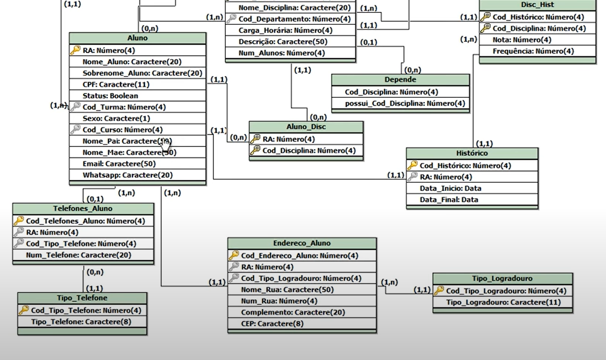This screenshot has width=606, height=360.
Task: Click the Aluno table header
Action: click(x=137, y=38)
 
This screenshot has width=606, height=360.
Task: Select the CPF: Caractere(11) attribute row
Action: click(x=116, y=84)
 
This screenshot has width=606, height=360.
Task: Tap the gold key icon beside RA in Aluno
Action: click(x=75, y=50)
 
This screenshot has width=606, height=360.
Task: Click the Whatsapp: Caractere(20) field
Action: click(x=128, y=175)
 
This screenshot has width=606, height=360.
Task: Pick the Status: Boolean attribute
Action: click(x=110, y=96)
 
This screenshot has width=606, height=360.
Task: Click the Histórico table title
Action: click(x=472, y=153)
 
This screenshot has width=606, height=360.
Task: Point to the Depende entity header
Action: click(x=400, y=79)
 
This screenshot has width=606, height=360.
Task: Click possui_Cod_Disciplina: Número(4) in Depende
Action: click(x=405, y=103)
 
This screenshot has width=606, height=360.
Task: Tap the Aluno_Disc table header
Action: click(x=306, y=127)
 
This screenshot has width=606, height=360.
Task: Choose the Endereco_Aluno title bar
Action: click(x=302, y=243)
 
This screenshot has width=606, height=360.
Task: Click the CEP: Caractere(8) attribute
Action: click(x=272, y=324)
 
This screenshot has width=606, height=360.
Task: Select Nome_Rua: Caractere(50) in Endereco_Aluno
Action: click(x=287, y=289)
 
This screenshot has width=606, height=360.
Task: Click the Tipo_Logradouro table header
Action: click(x=502, y=279)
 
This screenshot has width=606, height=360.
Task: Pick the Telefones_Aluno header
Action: click(x=83, y=209)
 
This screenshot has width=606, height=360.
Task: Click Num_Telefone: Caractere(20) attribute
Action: click(x=78, y=255)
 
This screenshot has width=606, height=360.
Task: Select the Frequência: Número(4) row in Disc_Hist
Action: click(x=533, y=51)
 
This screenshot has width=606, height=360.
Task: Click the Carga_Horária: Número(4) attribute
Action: click(x=285, y=30)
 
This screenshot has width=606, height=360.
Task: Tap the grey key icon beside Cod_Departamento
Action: click(x=231, y=19)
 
